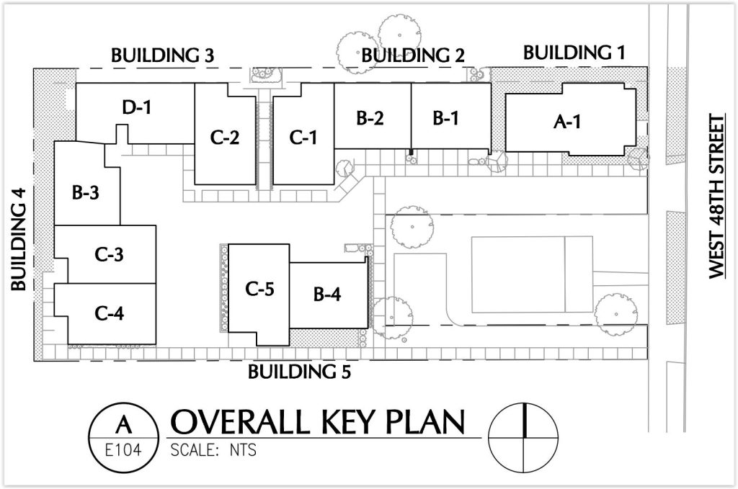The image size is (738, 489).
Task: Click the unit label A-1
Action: (567, 122)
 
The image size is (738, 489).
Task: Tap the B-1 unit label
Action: (445, 118)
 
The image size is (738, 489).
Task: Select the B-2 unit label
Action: (370, 118)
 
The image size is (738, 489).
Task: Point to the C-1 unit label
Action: (303, 138)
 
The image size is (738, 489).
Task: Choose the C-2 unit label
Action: (225, 138)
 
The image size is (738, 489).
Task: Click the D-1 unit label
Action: (137, 108)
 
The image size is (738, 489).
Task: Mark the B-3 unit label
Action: (86, 193)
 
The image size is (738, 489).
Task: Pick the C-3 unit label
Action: (110, 254)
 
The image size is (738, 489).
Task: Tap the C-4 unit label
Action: (110, 313)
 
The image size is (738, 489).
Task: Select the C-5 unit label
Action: (259, 289)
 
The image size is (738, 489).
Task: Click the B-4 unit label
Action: (327, 295)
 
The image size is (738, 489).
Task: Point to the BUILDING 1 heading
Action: (574, 53)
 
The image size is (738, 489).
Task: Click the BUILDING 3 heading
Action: (162, 55)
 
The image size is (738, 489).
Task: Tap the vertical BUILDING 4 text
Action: (19, 239)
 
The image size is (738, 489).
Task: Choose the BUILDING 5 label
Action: (299, 372)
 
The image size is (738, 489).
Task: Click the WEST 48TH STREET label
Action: (717, 197)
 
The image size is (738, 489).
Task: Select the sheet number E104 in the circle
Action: (123, 450)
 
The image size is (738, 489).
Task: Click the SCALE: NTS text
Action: (213, 450)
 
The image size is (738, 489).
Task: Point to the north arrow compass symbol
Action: (523, 438)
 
